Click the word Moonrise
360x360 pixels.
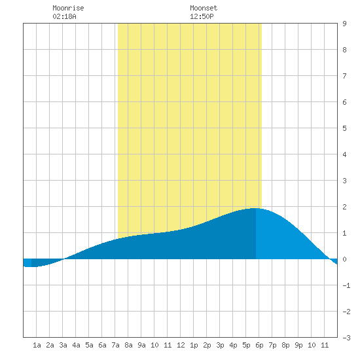[68, 8]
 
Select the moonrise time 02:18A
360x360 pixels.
[64, 16]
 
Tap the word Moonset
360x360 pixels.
[204, 8]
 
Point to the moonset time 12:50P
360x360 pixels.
[202, 16]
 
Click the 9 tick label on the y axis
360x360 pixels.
[344, 24]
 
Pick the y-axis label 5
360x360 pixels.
[344, 128]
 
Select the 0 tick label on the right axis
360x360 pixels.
[344, 259]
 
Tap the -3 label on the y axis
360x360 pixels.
[346, 338]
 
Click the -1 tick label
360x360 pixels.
[346, 285]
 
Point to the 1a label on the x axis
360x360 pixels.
[37, 345]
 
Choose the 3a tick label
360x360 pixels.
[63, 345]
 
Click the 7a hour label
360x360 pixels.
[115, 345]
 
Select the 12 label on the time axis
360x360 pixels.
[181, 345]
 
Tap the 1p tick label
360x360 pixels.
[194, 345]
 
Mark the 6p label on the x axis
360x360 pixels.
[259, 345]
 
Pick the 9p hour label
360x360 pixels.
[298, 345]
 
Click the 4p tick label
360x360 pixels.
[233, 345]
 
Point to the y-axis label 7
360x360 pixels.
[344, 76]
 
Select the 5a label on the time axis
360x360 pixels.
[89, 345]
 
